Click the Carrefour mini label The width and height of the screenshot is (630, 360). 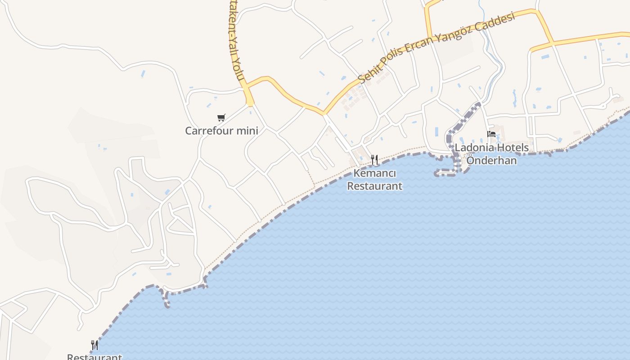221,130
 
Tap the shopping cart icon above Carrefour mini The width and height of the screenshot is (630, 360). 221,118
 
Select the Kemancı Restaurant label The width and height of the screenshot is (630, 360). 374,179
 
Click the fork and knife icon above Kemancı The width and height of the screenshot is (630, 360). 374,159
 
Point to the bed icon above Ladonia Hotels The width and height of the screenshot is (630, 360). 491,134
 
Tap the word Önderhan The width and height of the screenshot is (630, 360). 491,160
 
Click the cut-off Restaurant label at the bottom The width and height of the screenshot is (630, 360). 94,357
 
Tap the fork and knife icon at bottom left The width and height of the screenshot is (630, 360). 94,345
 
